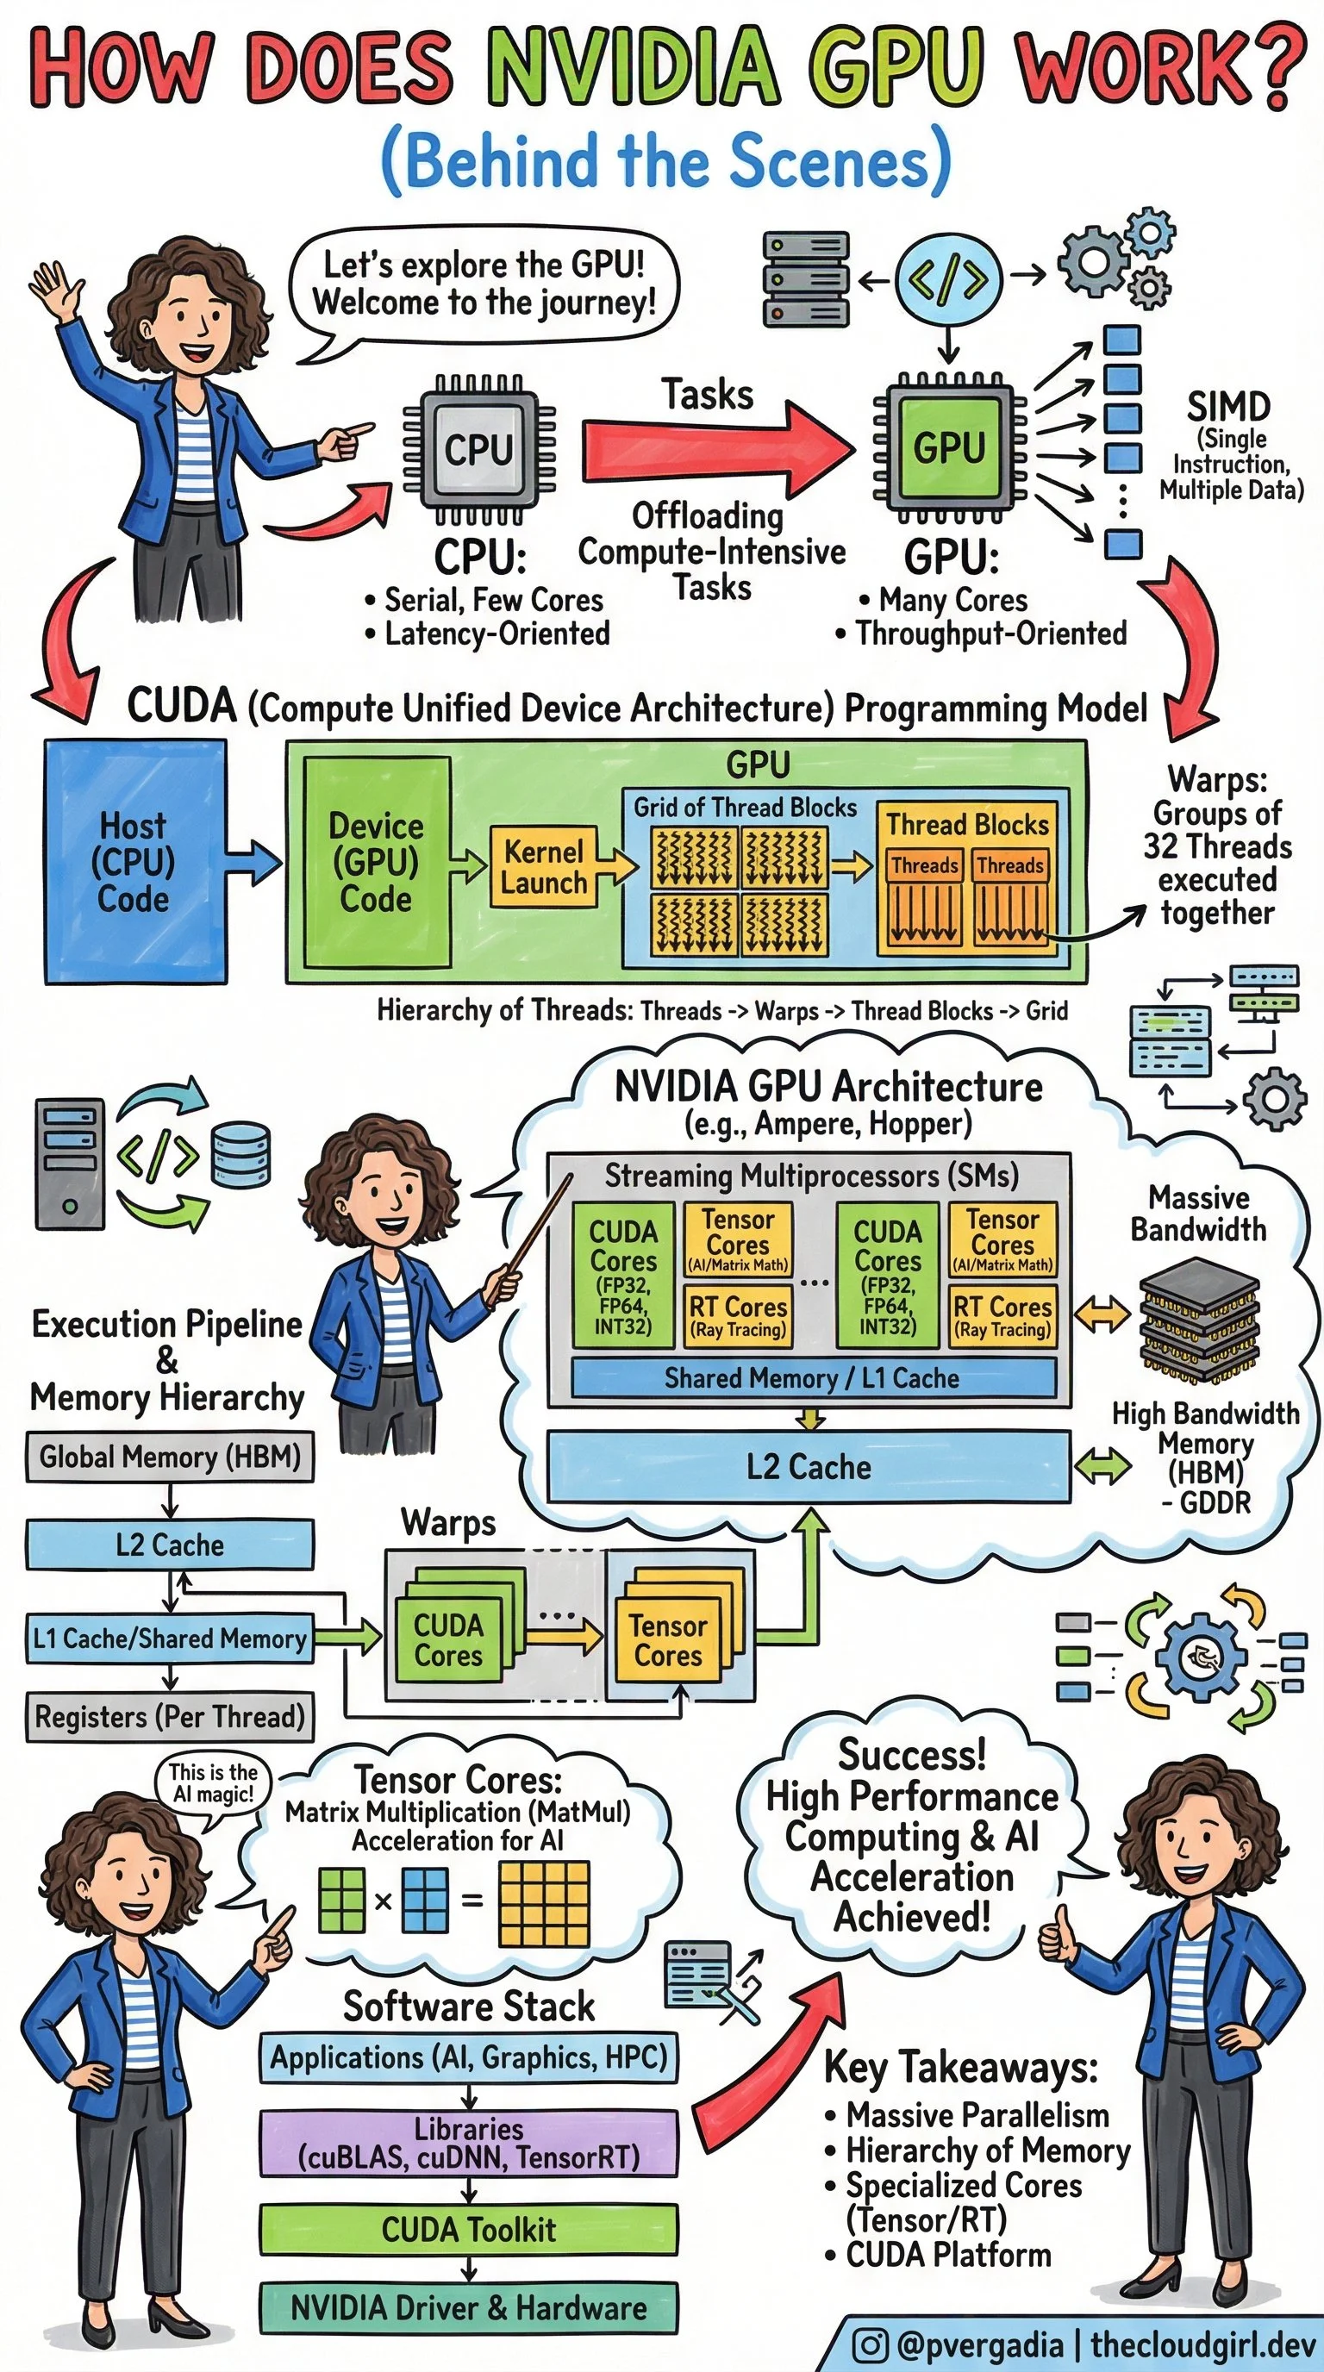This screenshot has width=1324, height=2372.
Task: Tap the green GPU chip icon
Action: pyautogui.click(x=948, y=447)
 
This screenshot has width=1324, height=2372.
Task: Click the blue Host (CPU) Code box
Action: pyautogui.click(x=135, y=862)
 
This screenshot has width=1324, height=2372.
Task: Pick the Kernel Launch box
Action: pyautogui.click(x=543, y=866)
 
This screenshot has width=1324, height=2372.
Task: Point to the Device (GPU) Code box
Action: pyautogui.click(x=377, y=862)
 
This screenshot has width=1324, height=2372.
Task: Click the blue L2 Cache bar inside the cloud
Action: pyautogui.click(x=809, y=1466)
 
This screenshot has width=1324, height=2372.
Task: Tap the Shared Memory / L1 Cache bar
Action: pyautogui.click(x=812, y=1377)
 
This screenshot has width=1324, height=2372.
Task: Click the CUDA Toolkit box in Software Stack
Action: pyautogui.click(x=469, y=2229)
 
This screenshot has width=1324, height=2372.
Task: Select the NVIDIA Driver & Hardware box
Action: pyautogui.click(x=469, y=2307)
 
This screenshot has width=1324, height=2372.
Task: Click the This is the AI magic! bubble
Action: pyautogui.click(x=214, y=1783)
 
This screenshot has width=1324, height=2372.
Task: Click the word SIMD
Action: pyautogui.click(x=1228, y=406)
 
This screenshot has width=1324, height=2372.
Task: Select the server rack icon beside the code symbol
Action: pyautogui.click(x=805, y=279)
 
